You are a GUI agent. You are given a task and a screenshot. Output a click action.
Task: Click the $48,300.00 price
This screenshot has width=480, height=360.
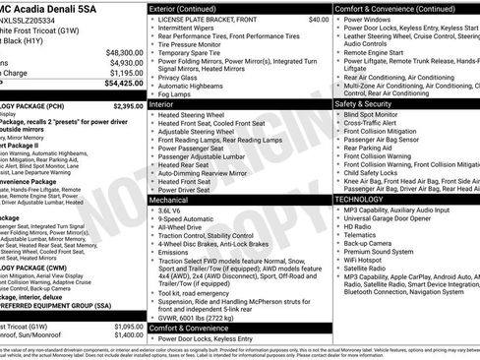pos(124,51)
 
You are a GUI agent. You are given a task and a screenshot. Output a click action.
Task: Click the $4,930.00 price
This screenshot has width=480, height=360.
pos(126,62)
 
